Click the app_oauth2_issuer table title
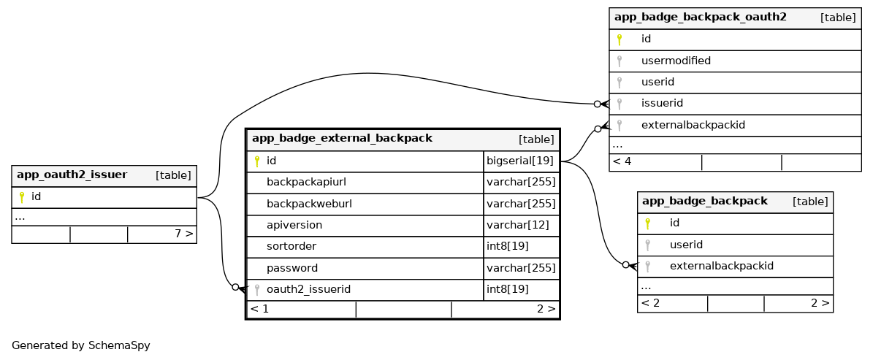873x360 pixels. (72, 175)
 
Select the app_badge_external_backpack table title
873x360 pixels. (342, 139)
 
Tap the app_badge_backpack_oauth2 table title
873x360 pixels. (700, 18)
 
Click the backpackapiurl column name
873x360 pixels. (306, 183)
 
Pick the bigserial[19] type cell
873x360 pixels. (520, 161)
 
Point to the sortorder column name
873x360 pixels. (291, 247)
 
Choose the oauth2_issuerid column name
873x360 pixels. (308, 289)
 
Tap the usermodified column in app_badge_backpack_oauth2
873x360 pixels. (676, 61)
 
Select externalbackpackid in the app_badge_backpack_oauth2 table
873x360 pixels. (693, 125)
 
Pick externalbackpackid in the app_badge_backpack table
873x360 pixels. (721, 266)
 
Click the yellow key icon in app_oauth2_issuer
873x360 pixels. (22, 197)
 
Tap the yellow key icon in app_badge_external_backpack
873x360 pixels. (256, 161)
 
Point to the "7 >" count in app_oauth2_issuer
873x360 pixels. (183, 234)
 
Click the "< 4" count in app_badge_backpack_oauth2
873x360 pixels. (622, 161)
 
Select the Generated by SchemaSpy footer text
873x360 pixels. (80, 345)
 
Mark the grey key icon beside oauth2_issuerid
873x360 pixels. (256, 290)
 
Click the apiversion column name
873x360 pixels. (294, 226)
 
